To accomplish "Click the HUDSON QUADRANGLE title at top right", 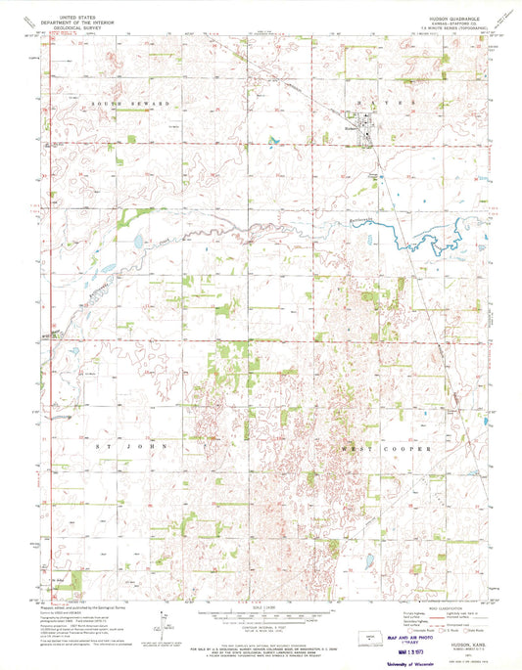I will [421, 17].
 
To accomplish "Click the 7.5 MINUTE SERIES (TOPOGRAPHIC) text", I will [421, 28].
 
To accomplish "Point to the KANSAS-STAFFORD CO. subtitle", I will [421, 22].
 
